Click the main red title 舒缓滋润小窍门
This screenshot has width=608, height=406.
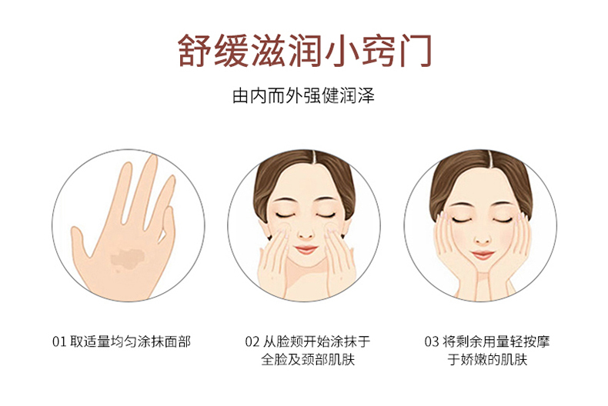tap(305, 51)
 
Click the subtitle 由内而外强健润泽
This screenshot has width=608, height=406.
tap(303, 95)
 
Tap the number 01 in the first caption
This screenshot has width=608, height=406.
tap(59, 342)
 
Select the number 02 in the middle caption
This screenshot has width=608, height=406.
tap(252, 342)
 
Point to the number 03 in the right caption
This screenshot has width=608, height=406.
tap(432, 342)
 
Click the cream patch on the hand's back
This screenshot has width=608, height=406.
tap(127, 258)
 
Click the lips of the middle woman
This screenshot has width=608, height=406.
tap(306, 249)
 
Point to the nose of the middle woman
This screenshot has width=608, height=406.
tap(306, 234)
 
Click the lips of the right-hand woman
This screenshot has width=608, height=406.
tap(483, 255)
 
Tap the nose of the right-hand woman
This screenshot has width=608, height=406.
tap(483, 239)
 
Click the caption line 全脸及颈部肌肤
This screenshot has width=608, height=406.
tap(308, 360)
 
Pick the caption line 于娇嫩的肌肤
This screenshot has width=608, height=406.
tap(487, 360)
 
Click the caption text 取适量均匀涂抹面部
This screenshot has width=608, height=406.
tap(130, 342)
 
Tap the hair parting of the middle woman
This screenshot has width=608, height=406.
tap(314, 157)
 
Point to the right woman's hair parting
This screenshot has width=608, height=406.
tap(490, 157)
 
